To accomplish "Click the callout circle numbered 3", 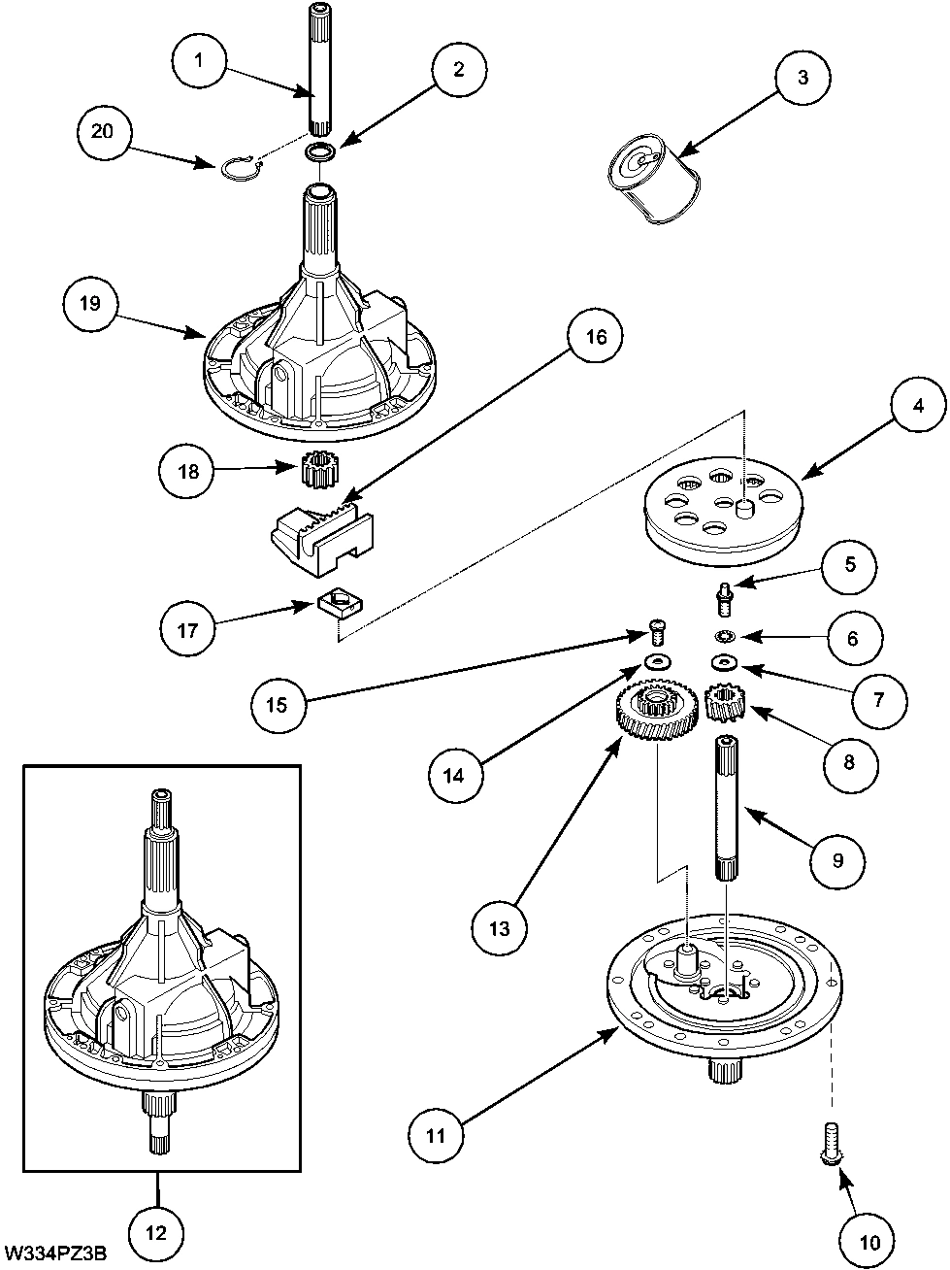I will tap(803, 78).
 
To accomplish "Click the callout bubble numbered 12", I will tap(156, 1233).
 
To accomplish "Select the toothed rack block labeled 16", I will tap(320, 532).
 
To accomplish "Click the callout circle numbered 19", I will tap(90, 303).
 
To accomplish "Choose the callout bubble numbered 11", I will tap(436, 1133).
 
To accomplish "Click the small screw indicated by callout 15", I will tap(658, 635).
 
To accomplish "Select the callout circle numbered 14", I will tap(456, 775).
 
